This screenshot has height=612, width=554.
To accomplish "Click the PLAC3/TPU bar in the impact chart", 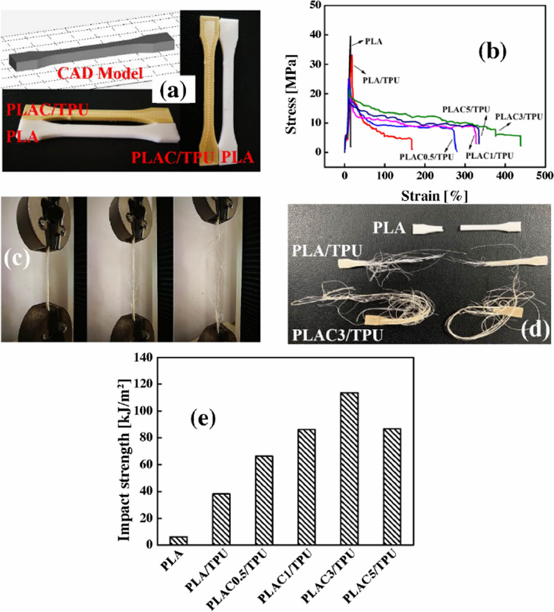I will tap(349, 468).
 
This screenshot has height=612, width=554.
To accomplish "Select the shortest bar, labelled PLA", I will tap(178, 540).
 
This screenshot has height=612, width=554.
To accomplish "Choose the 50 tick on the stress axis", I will tap(315, 5).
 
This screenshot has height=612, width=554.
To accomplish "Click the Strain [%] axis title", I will tap(434, 196).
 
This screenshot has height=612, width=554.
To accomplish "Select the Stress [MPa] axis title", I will tap(291, 94).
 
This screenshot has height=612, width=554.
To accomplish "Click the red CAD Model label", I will tap(100, 74).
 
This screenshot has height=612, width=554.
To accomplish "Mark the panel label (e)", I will tap(203, 419).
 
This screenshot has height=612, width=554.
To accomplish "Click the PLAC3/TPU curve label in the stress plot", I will tap(518, 117).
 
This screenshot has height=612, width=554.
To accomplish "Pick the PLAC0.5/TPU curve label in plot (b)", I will tap(426, 157).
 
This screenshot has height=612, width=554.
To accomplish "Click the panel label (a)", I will tap(173, 91).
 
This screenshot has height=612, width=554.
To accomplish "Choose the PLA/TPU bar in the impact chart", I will tap(221, 519).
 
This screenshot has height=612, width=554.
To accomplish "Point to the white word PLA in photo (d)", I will tap(389, 228).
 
